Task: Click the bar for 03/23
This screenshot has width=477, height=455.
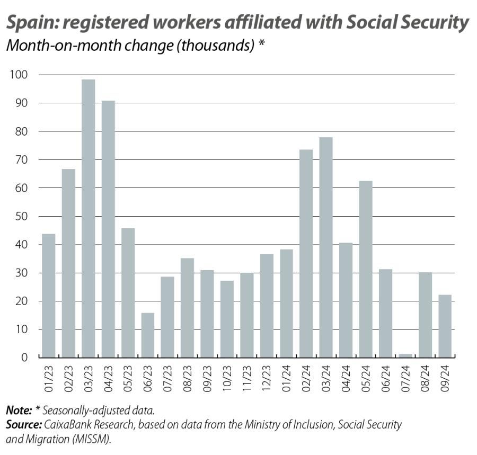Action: click(88, 218)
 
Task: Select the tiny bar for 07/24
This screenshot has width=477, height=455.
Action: click(405, 355)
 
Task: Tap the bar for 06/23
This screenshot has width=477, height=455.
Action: click(147, 335)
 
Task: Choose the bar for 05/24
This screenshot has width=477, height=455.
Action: click(365, 269)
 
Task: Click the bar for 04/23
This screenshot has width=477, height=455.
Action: click(108, 229)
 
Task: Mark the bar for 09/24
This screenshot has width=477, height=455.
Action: click(444, 326)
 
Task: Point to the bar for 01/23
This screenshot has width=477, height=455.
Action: click(48, 296)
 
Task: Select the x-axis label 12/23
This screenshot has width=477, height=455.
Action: click(267, 376)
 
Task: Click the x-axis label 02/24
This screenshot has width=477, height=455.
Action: click(307, 376)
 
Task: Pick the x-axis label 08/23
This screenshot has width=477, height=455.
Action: click(188, 376)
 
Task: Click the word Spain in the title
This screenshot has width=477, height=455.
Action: click(31, 23)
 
